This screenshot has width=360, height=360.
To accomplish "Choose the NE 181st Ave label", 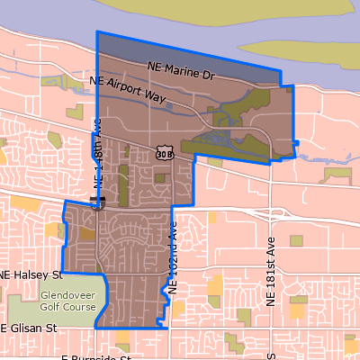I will [x=268, y=270].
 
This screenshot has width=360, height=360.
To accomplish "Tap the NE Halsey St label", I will [x=30, y=274].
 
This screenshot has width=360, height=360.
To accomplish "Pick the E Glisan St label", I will [x=30, y=328].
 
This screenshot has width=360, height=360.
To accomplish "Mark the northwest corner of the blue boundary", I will [x=97, y=32].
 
